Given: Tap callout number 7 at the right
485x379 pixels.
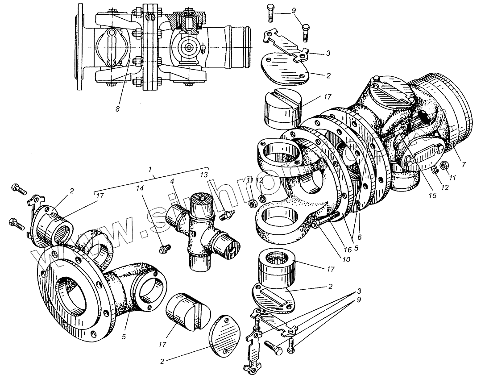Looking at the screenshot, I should click(x=464, y=165).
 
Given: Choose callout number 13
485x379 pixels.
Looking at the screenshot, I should click(x=204, y=174).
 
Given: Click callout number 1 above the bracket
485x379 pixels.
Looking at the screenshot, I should click(x=151, y=170).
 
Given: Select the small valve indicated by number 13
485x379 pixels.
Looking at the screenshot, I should click(x=227, y=215).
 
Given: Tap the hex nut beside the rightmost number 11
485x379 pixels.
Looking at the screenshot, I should click(x=444, y=165).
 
